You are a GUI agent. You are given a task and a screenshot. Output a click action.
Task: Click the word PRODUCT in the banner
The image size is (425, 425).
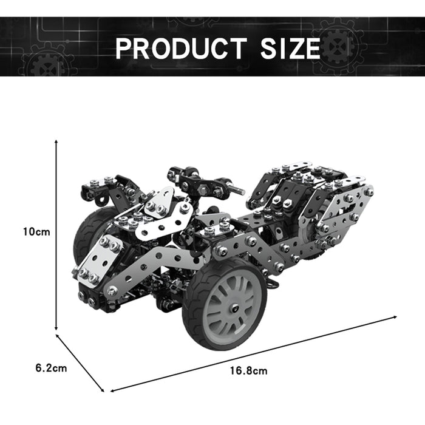(181, 48)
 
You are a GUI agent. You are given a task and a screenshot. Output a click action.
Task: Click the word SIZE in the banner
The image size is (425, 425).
(290, 48)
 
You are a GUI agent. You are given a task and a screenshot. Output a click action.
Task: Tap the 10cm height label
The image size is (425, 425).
(36, 232)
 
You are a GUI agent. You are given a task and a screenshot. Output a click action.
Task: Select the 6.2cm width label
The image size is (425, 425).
(51, 368)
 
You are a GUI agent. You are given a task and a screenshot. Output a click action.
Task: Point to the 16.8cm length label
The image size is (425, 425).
(248, 370)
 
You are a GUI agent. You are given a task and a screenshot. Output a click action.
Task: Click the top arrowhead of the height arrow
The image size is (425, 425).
(56, 141)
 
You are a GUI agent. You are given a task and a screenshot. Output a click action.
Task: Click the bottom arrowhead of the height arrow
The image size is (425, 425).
(56, 328)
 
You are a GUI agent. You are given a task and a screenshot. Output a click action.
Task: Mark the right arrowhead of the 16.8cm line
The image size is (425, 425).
(395, 317)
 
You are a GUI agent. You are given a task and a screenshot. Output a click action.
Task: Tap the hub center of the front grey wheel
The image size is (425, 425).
(234, 308)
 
